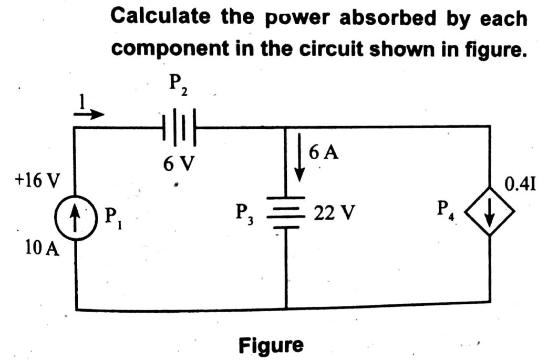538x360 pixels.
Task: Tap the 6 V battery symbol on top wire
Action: pyautogui.click(x=179, y=127)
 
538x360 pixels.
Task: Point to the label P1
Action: pyautogui.click(x=111, y=216)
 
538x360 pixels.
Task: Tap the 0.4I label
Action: pyautogui.click(x=519, y=184)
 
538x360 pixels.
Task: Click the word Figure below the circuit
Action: pyautogui.click(x=271, y=345)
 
